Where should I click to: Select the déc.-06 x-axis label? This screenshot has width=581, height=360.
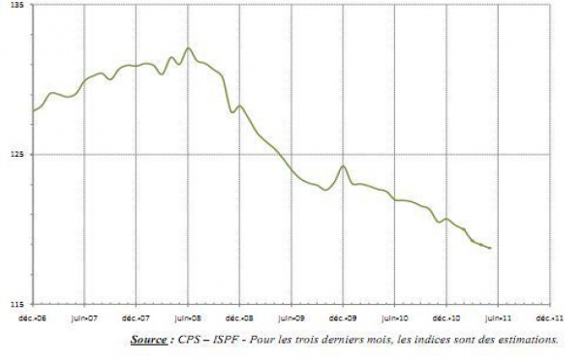click(35, 315)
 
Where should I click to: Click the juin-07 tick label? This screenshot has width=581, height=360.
click(85, 315)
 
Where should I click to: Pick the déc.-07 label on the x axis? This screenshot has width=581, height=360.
click(137, 315)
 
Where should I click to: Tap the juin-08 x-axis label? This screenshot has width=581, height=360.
click(189, 315)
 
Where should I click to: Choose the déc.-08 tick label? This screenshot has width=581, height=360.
click(240, 315)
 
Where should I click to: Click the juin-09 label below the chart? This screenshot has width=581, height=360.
click(292, 315)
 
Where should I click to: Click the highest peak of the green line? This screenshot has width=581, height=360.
click(189, 48)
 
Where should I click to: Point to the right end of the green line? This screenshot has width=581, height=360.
click(491, 249)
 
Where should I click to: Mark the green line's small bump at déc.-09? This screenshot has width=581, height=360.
click(344, 165)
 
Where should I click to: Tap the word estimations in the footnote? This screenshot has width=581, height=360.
click(527, 340)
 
